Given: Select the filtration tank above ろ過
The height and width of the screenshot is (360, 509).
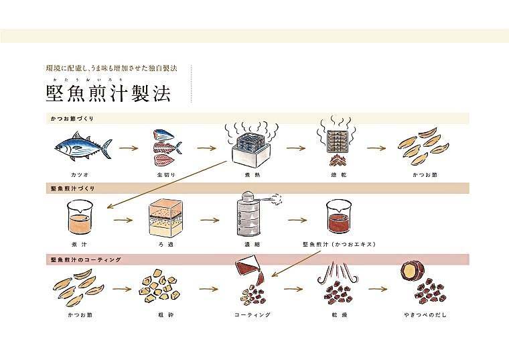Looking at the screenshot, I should pos(165,217).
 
